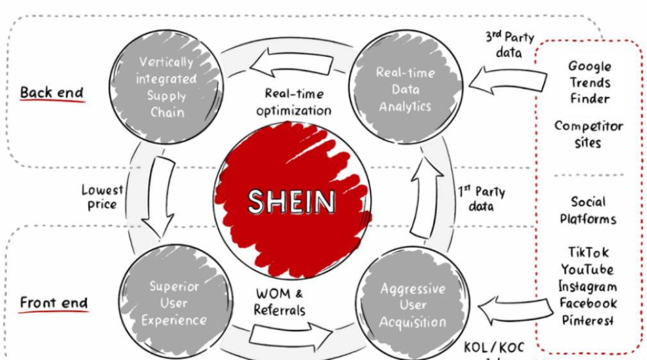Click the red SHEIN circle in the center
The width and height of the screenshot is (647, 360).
291,202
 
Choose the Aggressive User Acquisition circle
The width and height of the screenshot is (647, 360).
412,305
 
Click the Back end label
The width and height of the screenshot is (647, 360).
52,92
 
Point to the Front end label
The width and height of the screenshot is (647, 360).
54,302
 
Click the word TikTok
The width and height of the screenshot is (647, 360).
588,252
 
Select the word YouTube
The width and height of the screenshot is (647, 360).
587,269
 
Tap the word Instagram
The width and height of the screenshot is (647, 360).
587,286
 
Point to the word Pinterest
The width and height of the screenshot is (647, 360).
587,320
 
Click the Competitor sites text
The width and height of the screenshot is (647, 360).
588,134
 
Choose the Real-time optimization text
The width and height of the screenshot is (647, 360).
294,102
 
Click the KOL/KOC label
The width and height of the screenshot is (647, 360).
494,348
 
